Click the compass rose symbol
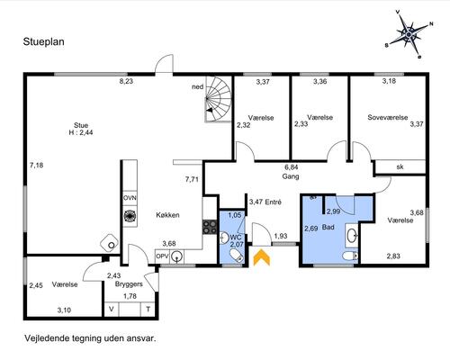[409, 34]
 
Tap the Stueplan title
[44, 42]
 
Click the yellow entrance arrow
[262, 257]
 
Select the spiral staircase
[219, 99]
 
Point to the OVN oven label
[130, 198]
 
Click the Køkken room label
[167, 215]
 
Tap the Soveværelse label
[388, 117]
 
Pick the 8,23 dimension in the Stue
[126, 81]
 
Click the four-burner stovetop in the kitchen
[210, 227]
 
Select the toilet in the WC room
[237, 257]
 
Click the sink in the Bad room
[352, 236]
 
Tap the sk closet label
[400, 166]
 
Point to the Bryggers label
[129, 284]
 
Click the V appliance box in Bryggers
[112, 309]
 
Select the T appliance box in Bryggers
[148, 309]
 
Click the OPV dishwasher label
[162, 256]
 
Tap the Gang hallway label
[291, 176]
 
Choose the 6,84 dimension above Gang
[292, 167]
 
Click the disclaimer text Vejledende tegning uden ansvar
[90, 338]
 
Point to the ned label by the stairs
[198, 87]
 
